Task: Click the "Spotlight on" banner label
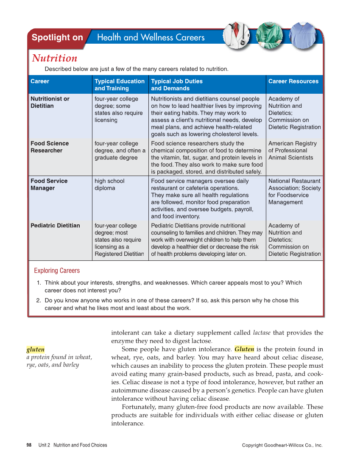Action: [57, 37]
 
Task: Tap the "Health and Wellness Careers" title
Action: [151, 37]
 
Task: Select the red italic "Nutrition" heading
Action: [54, 58]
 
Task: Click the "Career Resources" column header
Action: [293, 81]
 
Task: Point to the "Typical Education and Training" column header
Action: [119, 84]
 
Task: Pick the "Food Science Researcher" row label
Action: [49, 147]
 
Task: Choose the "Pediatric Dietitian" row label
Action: [55, 225]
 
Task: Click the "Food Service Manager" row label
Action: [49, 184]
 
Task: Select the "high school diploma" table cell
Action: [109, 184]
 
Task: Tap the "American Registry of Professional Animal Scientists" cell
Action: [292, 150]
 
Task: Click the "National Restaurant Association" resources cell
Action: [294, 191]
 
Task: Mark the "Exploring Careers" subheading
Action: [57, 271]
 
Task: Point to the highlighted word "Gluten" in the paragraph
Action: [244, 349]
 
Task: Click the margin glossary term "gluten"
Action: [35, 349]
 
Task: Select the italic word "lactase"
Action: [262, 332]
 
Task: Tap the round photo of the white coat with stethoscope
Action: [237, 35]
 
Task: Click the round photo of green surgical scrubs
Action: [269, 35]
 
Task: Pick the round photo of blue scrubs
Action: [303, 35]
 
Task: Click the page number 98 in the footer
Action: [29, 445]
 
